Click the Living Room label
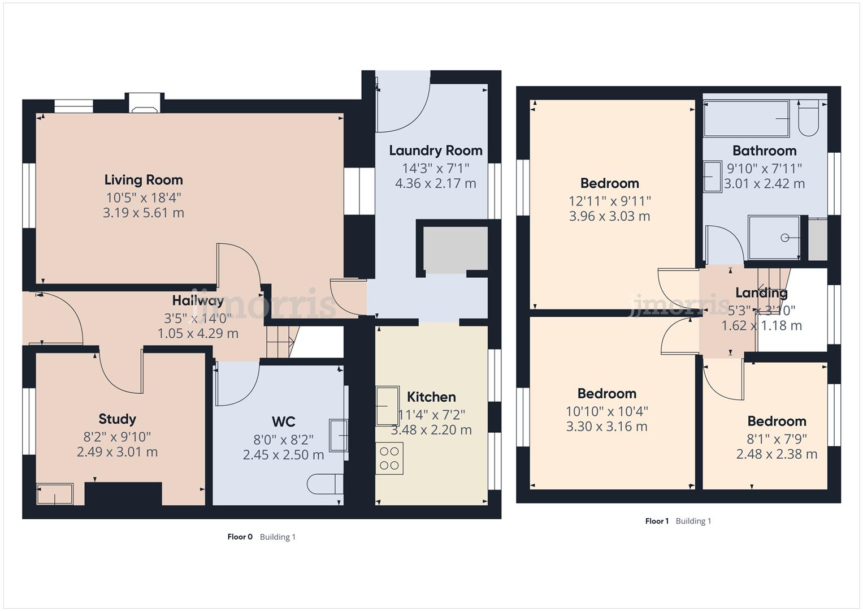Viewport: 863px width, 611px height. point(144,180)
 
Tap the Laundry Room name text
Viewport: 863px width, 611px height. point(435,150)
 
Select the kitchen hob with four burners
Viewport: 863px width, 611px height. point(389,458)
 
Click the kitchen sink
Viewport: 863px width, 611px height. point(388,405)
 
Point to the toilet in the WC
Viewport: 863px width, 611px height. point(325,484)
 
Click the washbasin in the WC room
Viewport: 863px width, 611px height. point(339,435)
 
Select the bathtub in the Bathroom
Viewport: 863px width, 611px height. point(746,119)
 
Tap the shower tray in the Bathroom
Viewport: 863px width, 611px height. point(774,238)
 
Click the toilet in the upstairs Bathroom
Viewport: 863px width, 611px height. point(808,119)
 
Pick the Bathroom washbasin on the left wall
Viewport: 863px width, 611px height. point(713,177)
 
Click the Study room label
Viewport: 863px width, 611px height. point(117,419)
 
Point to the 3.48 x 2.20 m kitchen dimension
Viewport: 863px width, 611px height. point(431,430)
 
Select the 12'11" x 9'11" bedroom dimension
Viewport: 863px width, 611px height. point(609,201)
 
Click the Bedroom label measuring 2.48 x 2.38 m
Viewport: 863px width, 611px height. point(777,421)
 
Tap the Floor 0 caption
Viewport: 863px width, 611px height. point(240,537)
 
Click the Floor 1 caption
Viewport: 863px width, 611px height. point(657,521)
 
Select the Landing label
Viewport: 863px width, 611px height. point(761,292)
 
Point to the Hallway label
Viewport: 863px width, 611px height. point(198,300)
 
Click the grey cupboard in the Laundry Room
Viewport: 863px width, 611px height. point(456,249)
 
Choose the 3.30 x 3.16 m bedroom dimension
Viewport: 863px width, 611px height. point(606,427)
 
